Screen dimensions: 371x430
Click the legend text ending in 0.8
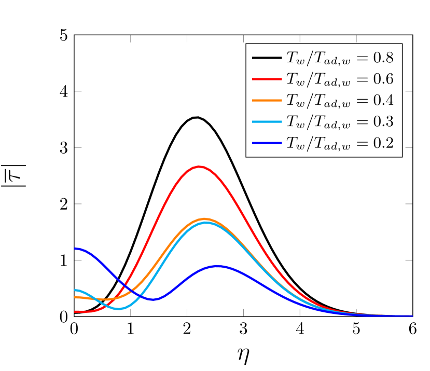340,58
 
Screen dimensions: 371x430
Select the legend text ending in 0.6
340,79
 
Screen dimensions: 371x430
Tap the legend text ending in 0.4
340,100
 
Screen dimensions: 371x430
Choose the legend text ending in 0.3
340,121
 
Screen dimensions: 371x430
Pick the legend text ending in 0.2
340,143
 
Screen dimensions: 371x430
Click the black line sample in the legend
267,58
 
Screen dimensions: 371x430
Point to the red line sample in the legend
267,79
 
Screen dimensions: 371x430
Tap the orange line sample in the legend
267,100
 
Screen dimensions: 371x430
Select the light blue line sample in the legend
267,121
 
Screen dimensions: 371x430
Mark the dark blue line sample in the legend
267,143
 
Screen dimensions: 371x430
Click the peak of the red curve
199,167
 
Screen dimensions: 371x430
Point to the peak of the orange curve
204,219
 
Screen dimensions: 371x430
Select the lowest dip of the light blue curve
119,308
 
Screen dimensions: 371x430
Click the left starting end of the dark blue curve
76,249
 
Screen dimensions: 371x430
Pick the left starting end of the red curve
76,311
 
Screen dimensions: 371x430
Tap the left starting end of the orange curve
76,297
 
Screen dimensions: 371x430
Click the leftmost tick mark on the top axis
131,39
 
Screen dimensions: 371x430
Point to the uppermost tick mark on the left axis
78,91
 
